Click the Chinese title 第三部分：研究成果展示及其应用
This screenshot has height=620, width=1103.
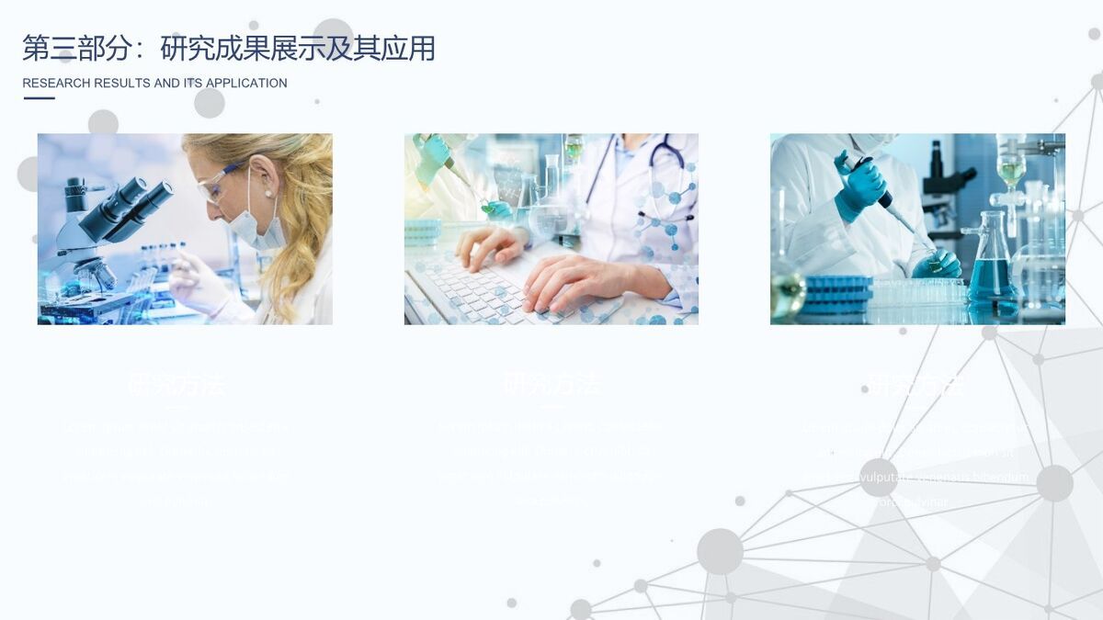tap(228, 49)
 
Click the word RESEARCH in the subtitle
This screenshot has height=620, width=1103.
tap(55, 84)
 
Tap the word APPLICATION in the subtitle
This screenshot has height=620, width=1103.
tap(246, 84)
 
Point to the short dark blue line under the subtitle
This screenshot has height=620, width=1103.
tap(39, 98)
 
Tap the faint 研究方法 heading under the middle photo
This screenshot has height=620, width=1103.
tap(551, 384)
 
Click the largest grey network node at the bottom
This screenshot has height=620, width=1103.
tap(720, 551)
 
